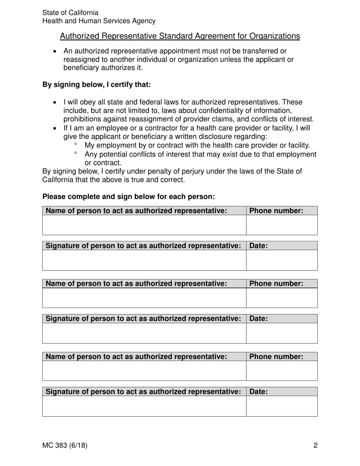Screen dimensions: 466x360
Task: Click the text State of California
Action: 70,13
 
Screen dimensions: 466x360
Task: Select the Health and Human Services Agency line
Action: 99,21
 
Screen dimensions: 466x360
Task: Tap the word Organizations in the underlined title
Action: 274,36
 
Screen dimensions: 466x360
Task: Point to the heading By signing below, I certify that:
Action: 97,84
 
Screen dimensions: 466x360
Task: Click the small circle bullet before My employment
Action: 76,144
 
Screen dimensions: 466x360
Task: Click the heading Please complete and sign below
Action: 128,197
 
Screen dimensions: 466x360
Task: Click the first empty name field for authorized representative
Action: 144,225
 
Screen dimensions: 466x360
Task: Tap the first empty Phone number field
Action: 282,225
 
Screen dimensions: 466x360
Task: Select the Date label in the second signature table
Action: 259,319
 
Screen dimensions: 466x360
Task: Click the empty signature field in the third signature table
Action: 144,406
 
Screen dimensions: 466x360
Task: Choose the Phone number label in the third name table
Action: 277,357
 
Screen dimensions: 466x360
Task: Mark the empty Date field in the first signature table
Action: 282,260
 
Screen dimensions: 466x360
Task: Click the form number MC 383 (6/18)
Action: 65,446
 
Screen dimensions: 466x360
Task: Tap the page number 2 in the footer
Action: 315,446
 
